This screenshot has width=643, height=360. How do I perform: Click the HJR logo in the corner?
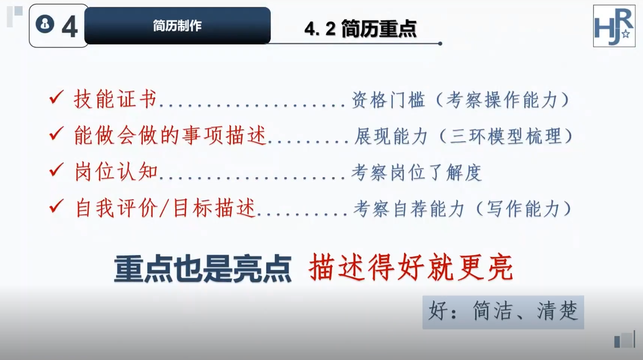(614, 26)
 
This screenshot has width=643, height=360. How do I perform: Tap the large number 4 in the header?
(69, 27)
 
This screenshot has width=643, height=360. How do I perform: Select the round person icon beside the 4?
(44, 24)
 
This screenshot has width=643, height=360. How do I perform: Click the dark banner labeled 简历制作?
(177, 25)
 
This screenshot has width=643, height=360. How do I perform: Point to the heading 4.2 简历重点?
(360, 28)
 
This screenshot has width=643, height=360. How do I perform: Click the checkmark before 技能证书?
(56, 98)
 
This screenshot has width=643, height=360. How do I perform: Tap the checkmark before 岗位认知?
(56, 170)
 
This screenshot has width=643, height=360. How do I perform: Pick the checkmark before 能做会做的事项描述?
(56, 134)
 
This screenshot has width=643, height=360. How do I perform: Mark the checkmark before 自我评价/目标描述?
(56, 206)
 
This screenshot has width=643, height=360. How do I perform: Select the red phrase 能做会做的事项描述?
(170, 136)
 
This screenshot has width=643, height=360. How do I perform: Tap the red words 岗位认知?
(116, 172)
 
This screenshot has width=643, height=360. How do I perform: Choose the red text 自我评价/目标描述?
(165, 208)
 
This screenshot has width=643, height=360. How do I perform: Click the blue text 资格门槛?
(388, 100)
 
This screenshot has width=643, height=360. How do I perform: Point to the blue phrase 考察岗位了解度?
(416, 172)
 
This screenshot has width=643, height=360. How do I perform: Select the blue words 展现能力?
(391, 136)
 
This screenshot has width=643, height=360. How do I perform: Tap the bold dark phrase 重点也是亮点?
(202, 269)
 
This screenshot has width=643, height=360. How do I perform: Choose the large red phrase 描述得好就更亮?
(411, 268)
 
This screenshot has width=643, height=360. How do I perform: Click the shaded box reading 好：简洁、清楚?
(503, 312)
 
